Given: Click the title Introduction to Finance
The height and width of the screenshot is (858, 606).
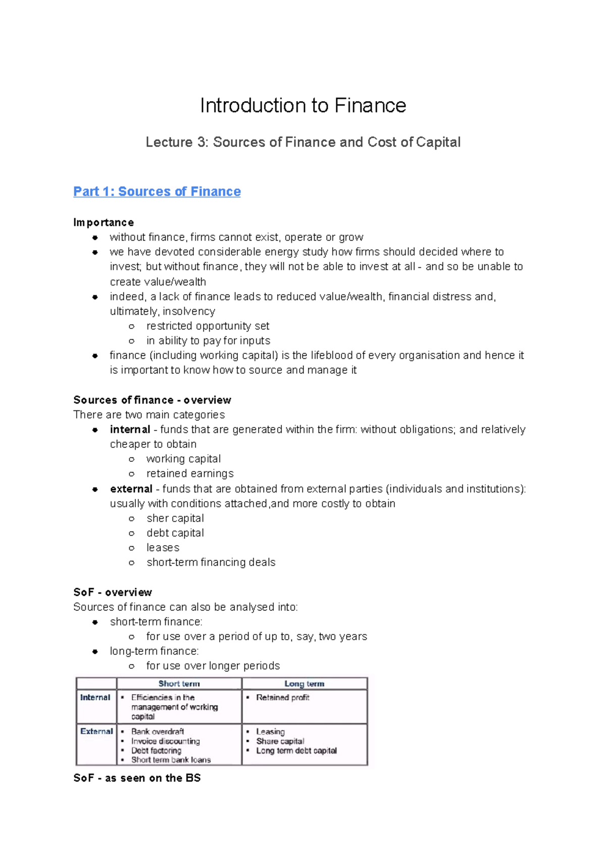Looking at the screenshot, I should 303,106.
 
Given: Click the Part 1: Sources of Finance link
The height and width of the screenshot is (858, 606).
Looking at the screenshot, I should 157,192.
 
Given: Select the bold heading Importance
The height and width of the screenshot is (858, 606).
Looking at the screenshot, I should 104,222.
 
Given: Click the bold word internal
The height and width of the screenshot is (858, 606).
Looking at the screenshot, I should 130,430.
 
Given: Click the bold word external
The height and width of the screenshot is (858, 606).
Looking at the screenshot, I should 131,489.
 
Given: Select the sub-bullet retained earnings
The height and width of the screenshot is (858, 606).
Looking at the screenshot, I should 190,473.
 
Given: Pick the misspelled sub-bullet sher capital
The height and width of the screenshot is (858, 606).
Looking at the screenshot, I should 175,518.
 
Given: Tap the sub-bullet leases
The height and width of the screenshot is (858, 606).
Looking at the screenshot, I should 163,547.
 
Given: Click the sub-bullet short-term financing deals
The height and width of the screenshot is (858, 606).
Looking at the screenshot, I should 211,562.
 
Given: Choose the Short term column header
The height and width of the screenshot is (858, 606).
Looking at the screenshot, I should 179,684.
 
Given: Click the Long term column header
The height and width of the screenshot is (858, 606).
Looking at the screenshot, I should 305,684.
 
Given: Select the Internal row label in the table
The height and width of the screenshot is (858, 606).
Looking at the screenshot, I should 95,697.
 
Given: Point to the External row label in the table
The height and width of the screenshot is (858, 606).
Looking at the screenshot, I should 96,731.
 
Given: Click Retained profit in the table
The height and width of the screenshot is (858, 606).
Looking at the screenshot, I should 282,697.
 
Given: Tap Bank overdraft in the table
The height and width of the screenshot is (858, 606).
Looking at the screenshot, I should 158,731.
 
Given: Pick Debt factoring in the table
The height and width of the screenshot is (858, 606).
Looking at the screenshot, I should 156,750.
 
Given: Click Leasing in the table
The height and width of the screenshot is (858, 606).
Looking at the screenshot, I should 270,731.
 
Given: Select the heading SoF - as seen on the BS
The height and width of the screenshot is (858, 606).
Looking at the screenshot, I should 137,778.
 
